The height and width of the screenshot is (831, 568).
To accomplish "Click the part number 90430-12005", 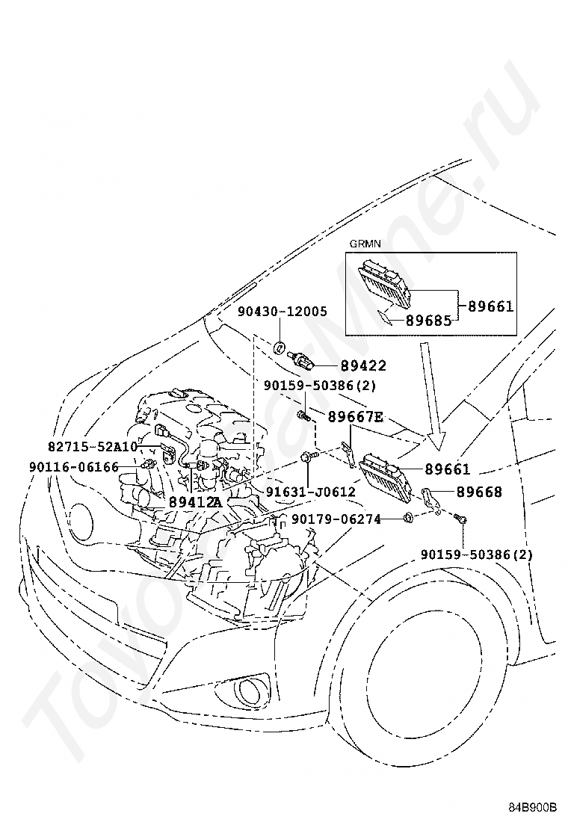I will point(283,311).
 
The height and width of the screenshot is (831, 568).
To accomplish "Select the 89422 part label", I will point(363,365).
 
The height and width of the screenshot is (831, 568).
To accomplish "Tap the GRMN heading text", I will point(364,244).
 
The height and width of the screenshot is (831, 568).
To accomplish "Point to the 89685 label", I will point(428,320).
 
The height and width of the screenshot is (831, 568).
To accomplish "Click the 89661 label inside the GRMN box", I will point(491,306).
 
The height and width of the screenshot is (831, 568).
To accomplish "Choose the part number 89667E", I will point(355,417).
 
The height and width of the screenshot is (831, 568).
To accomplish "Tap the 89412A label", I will point(195,501).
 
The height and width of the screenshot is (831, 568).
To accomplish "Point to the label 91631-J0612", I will point(311,492).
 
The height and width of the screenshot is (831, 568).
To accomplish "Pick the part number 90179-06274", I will point(336,519).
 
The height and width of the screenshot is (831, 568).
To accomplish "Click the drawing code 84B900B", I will point(534,807).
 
